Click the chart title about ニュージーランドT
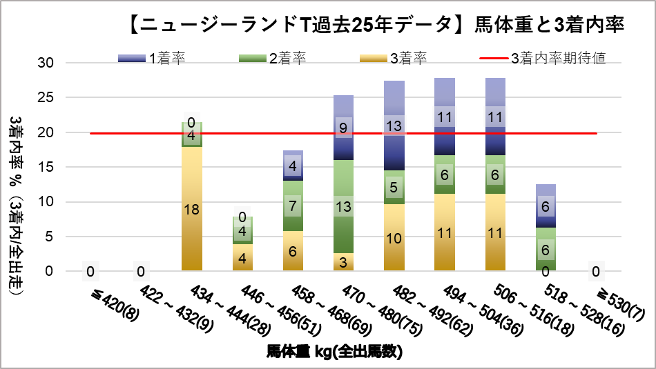coord(376,26)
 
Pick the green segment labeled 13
coord(343,206)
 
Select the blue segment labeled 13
coord(394,126)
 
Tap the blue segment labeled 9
coord(343,128)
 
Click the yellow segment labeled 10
coord(394,237)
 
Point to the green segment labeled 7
coord(292,206)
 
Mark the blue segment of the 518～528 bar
coord(545,206)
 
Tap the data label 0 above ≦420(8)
coord(90,271)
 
